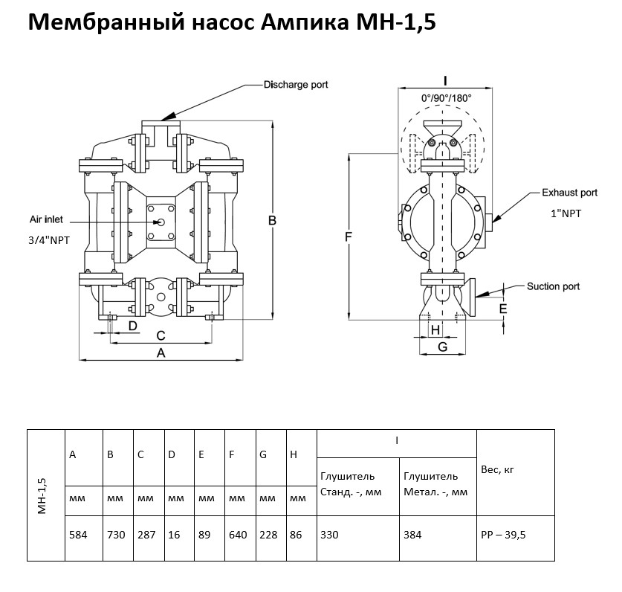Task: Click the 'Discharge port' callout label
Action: (x=295, y=85)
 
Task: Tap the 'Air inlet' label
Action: (x=47, y=220)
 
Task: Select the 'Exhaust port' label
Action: (x=568, y=193)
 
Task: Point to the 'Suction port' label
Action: (x=553, y=286)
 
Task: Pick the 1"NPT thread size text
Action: (x=566, y=213)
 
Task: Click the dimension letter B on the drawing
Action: (x=273, y=221)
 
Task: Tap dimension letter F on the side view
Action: (x=348, y=237)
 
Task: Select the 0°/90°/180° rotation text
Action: (x=446, y=97)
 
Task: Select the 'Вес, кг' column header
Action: (x=498, y=469)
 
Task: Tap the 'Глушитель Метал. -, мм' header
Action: (x=435, y=483)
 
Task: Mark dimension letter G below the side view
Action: (x=442, y=347)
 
